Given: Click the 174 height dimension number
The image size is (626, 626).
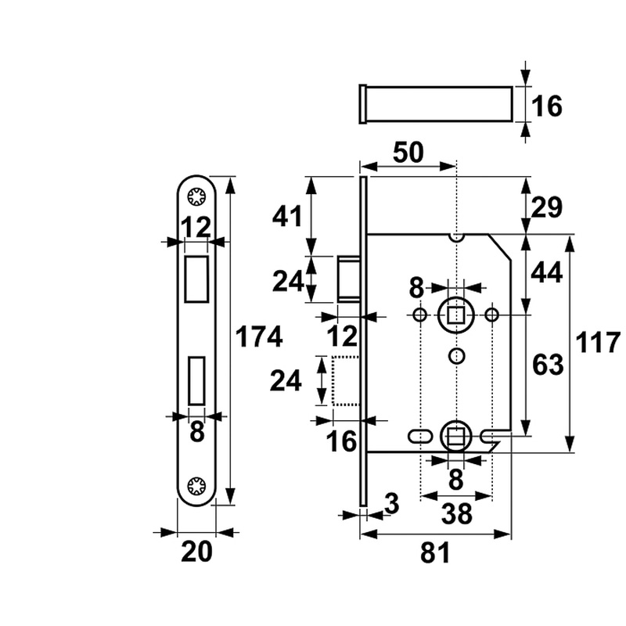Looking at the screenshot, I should click(x=258, y=337).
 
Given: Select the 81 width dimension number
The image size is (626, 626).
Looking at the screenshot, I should click(x=435, y=553).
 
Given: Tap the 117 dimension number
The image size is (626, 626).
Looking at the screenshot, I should click(x=598, y=343).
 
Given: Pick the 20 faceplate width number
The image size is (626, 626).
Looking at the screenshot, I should click(x=196, y=552).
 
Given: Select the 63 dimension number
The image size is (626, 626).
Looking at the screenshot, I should click(x=548, y=365).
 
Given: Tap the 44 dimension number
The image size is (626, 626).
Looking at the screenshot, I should click(x=548, y=272).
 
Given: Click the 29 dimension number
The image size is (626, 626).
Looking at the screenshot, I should click(x=548, y=207).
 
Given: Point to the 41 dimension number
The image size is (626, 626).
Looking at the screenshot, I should click(x=286, y=215).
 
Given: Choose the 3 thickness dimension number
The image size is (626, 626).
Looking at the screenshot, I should click(x=392, y=505).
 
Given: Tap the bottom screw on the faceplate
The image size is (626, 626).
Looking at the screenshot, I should click(x=196, y=485).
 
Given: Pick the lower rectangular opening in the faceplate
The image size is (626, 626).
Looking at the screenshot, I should click(x=196, y=383).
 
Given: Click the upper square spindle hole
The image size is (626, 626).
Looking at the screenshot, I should click(x=455, y=315).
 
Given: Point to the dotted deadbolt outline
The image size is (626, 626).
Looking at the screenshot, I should click(x=345, y=381).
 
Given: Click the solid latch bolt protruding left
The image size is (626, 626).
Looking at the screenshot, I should click(x=348, y=278).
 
